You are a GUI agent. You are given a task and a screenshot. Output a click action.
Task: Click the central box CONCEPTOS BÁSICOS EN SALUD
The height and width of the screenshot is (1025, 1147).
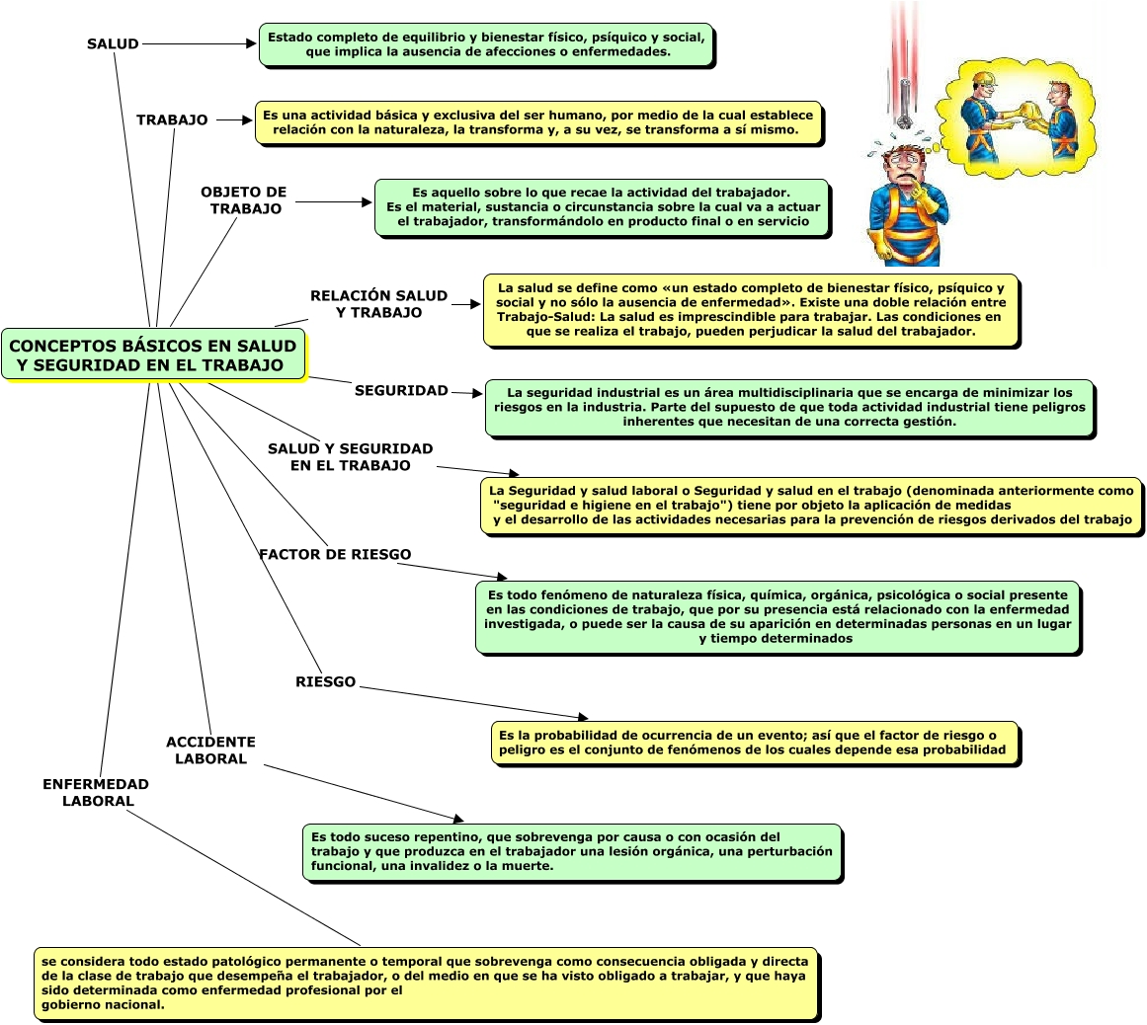point(153,355)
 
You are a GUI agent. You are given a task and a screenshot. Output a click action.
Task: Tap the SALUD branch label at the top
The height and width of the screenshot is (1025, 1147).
point(113,44)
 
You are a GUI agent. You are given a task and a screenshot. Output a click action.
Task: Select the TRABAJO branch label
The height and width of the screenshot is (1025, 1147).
point(172,120)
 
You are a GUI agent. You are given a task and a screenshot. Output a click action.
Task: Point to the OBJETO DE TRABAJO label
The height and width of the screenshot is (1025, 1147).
point(244,200)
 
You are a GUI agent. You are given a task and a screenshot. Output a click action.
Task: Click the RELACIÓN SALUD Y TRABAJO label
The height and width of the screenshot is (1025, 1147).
point(378,304)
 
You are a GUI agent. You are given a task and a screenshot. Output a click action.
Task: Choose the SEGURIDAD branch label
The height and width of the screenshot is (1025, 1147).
point(401,390)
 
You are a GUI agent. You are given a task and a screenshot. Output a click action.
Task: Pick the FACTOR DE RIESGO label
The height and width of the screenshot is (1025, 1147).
point(335,554)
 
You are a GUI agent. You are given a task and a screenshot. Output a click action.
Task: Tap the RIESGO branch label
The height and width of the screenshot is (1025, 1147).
point(325,682)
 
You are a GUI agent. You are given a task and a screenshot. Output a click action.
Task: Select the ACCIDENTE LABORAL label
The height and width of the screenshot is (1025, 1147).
point(210,750)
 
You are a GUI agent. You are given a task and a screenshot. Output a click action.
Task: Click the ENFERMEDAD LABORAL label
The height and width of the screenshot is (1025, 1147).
point(96,793)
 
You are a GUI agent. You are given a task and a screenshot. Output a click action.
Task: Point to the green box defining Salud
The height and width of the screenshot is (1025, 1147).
point(486,44)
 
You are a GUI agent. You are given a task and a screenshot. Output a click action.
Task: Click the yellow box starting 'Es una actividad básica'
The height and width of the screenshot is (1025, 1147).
point(538,122)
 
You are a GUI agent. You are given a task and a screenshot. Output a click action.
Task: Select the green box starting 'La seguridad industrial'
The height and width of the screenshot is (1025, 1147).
point(789,407)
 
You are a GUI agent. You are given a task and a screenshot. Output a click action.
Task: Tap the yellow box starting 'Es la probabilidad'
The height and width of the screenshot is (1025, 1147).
point(755,743)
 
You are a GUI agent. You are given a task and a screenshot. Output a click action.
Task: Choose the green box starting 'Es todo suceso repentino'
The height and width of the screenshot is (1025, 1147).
point(572,851)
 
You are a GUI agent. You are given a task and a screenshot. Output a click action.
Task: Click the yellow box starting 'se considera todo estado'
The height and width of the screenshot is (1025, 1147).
point(426,983)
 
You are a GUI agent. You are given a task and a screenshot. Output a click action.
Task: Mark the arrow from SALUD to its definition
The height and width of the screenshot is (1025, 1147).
point(199,44)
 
